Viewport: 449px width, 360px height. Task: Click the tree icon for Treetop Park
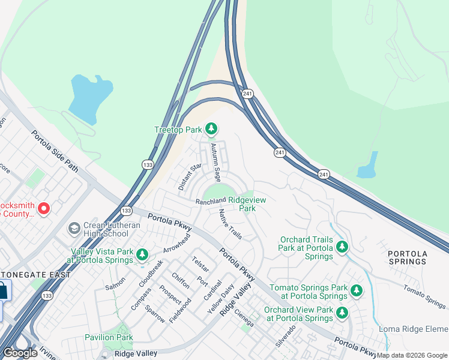(211, 128)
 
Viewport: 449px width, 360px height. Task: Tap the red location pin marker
(43, 208)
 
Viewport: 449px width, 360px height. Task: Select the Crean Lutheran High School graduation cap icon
(74, 228)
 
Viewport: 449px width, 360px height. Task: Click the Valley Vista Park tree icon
(142, 255)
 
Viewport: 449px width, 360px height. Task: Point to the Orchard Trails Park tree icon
(342, 247)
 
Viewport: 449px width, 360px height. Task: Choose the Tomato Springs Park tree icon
(357, 291)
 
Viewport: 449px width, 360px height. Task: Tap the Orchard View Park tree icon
(342, 313)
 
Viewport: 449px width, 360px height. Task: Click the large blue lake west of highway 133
(89, 96)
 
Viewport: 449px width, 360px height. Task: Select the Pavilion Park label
(109, 338)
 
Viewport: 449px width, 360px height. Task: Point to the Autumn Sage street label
(215, 162)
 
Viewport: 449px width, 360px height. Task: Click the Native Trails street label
(231, 224)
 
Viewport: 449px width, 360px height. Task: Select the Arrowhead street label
(177, 243)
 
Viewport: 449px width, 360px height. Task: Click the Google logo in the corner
(20, 353)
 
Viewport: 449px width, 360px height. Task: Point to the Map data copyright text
(412, 355)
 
